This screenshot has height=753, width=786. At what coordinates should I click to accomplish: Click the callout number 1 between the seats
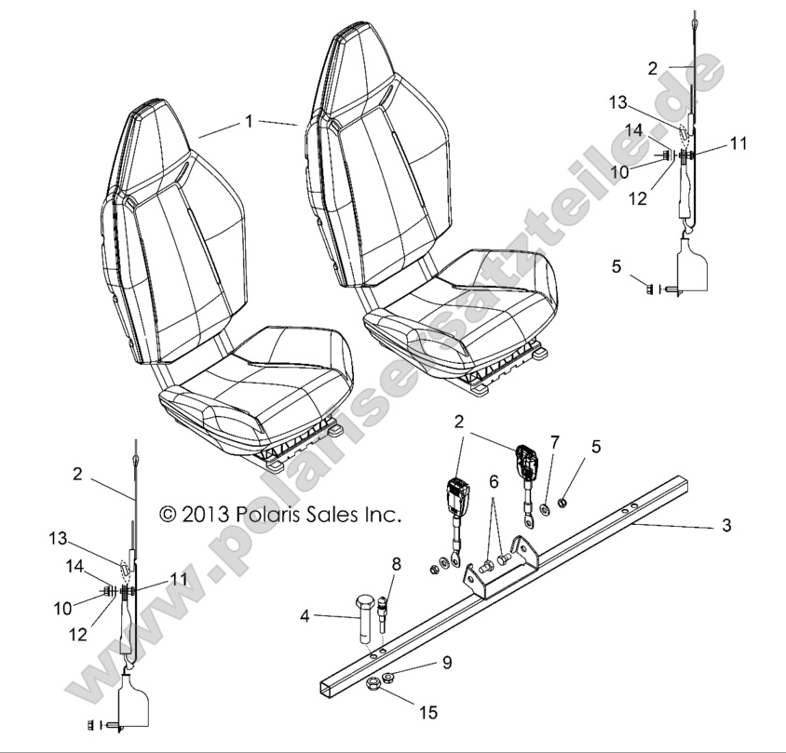coord(249,121)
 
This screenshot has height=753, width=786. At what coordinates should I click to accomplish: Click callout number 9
coord(446,663)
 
